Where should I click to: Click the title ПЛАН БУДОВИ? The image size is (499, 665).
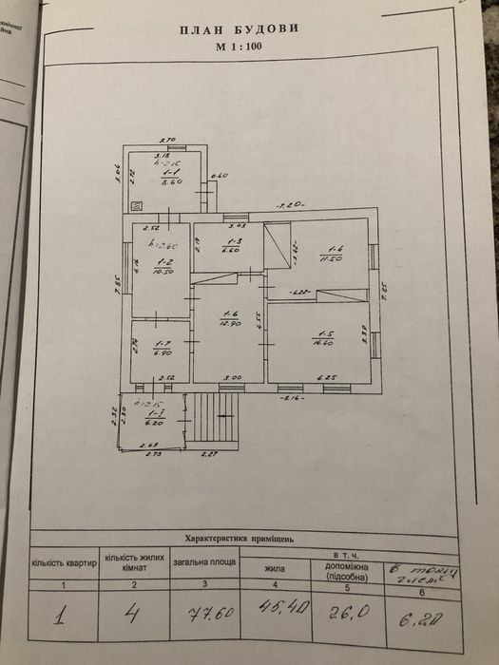tap(239, 29)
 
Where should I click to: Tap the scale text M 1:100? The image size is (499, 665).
tap(239, 45)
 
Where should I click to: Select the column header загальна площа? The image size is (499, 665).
tap(203, 560)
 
